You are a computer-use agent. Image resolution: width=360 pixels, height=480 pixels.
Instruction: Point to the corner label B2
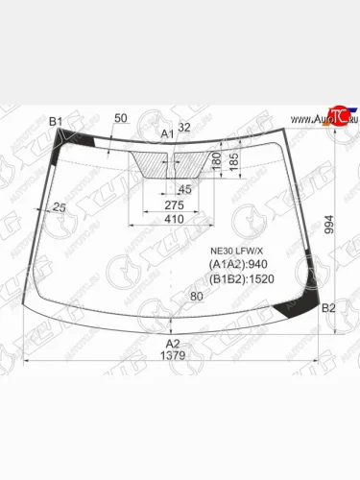pyautogui.click(x=327, y=307)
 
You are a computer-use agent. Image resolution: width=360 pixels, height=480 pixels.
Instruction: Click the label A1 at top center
pyautogui.click(x=167, y=133)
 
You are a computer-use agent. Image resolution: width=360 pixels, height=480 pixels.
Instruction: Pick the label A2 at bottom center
pyautogui.click(x=173, y=343)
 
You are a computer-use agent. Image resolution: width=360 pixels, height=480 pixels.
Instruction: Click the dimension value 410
pyautogui.click(x=173, y=220)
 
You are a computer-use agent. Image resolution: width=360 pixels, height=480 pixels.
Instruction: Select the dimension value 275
pyautogui.click(x=173, y=205)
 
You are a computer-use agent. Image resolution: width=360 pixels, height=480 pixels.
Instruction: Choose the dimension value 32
pyautogui.click(x=184, y=128)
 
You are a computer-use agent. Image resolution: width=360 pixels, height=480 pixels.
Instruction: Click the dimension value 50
pyautogui.click(x=120, y=118)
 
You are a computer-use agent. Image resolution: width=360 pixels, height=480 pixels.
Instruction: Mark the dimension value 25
pyautogui.click(x=60, y=207)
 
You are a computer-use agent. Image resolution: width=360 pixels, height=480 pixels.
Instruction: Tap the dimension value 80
pyautogui.click(x=197, y=297)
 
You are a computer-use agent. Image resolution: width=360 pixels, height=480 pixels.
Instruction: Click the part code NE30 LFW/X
pyautogui.click(x=235, y=252)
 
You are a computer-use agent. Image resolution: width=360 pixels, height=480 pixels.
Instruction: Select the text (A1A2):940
pyautogui.click(x=237, y=266)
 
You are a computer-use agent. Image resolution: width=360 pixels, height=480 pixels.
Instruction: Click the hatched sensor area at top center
pyautogui.click(x=171, y=163)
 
